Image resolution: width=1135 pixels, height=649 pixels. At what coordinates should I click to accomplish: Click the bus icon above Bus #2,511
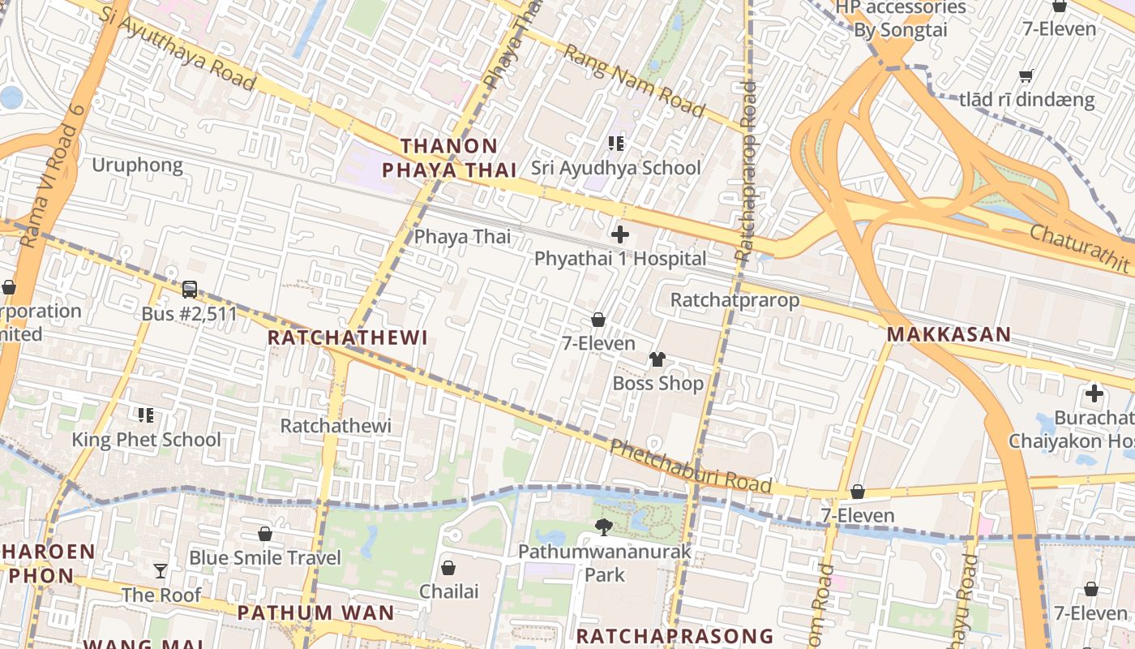tap(190, 289)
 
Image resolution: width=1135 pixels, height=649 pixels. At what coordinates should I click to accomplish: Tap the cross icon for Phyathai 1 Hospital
tap(620, 235)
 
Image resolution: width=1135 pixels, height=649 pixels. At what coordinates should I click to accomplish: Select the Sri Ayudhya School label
tap(615, 168)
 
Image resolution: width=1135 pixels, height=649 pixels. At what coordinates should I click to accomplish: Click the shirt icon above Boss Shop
tap(657, 359)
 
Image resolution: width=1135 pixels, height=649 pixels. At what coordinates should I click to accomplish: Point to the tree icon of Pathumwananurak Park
tap(604, 527)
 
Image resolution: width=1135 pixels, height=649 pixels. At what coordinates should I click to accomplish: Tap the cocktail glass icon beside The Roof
tap(161, 571)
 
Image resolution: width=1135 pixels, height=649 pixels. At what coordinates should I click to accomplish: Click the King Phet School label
tap(146, 440)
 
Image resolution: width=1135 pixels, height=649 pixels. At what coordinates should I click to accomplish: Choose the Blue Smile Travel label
tap(265, 558)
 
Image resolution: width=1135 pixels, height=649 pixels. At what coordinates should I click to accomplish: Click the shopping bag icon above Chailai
tap(448, 568)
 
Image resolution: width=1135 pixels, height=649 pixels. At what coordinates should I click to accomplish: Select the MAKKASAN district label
tap(949, 334)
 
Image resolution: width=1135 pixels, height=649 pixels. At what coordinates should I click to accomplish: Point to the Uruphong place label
tap(137, 165)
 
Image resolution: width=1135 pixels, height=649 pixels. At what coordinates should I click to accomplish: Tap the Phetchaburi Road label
tap(690, 466)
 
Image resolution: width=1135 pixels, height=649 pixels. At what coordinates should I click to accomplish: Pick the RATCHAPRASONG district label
tap(675, 635)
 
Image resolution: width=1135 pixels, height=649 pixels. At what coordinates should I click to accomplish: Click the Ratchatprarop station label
tap(735, 300)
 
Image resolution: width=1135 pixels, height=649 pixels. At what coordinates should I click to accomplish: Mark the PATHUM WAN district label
tap(315, 612)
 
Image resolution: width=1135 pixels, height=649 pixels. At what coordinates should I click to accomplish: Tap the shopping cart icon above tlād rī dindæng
tap(1026, 76)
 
